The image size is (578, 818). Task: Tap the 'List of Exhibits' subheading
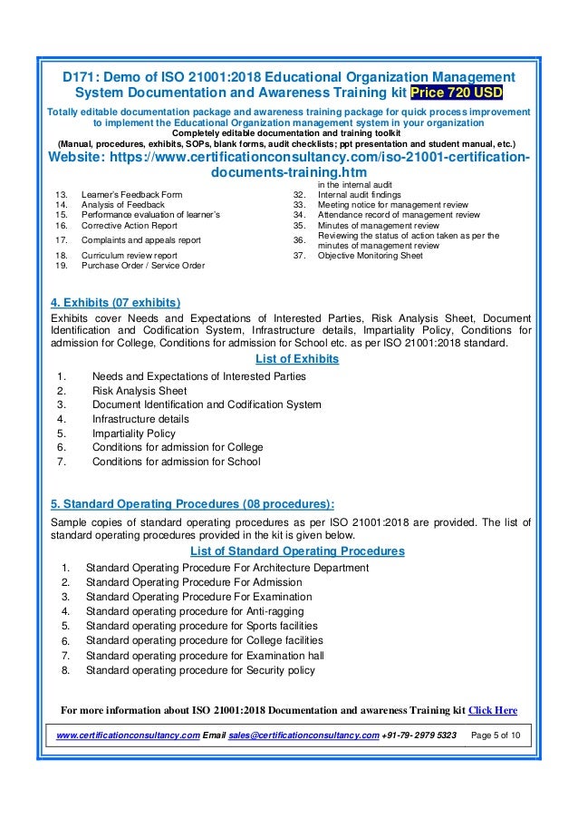pyautogui.click(x=288, y=359)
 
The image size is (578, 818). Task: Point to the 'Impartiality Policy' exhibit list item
pyautogui.click(x=133, y=433)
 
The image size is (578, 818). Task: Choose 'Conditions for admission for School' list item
pyautogui.click(x=176, y=462)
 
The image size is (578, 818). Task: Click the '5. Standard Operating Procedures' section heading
pyautogui.click(x=192, y=504)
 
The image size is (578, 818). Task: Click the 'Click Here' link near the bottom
pyautogui.click(x=492, y=710)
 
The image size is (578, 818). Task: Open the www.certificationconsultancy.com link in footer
pyautogui.click(x=128, y=735)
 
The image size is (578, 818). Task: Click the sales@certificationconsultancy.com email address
pyautogui.click(x=303, y=735)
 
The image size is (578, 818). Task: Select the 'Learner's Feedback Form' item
pyautogui.click(x=131, y=194)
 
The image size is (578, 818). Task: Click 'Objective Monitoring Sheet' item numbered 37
pyautogui.click(x=370, y=256)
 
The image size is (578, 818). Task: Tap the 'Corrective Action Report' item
pyautogui.click(x=129, y=225)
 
